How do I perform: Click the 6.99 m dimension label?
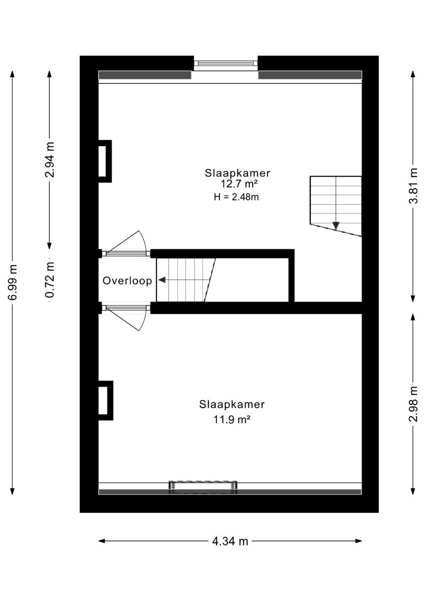click(x=13, y=282)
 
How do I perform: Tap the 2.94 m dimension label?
click(x=50, y=160)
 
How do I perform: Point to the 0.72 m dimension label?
click(x=50, y=280)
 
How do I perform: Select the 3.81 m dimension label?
click(x=413, y=186)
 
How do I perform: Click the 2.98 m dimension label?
click(x=413, y=404)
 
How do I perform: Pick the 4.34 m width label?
click(x=230, y=541)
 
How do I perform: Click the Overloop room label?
click(x=127, y=281)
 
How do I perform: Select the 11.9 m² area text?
click(x=232, y=419)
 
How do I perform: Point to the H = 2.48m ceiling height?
click(x=236, y=197)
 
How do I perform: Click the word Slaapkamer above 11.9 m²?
click(x=232, y=404)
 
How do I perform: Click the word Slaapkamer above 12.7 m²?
click(x=238, y=173)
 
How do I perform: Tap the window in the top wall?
click(x=226, y=63)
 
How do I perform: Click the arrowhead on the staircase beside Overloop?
click(x=161, y=280)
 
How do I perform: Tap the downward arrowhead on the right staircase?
click(x=336, y=226)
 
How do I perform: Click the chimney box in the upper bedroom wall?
click(x=105, y=161)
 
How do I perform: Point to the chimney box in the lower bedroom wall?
click(x=106, y=401)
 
